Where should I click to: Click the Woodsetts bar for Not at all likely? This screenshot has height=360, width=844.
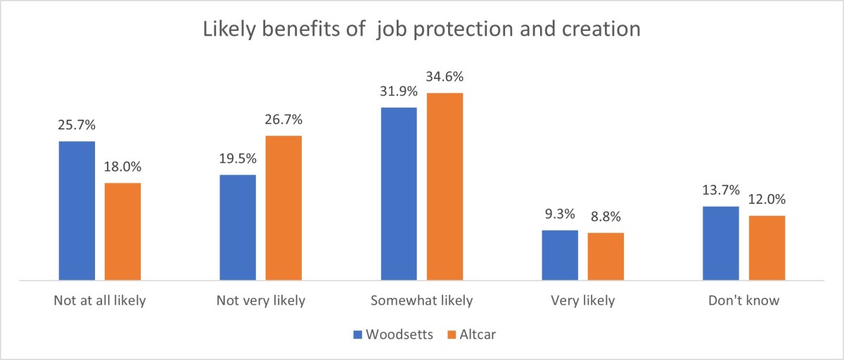coord(77,211)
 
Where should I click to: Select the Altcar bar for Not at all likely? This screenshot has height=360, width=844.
coord(122,231)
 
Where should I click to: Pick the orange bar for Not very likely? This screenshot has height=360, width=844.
coord(283,208)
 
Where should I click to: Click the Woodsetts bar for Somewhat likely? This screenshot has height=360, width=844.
coord(399,194)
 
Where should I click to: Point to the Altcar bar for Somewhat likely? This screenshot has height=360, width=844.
coord(445,186)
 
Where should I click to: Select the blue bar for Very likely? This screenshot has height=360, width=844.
coord(560,255)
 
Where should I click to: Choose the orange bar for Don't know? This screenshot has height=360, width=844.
coord(767,247)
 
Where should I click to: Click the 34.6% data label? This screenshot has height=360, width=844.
coord(444,77)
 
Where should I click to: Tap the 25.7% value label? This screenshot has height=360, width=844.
coord(77,126)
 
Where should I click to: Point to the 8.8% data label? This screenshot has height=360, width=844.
coord(605,217)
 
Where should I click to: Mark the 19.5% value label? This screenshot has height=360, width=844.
coord(238,160)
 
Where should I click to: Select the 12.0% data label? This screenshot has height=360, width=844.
coord(767,200)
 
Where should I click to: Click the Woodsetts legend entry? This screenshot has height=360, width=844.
coord(393,335)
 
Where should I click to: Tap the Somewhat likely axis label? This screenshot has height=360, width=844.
coord(422,301)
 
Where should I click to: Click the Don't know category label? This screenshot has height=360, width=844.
coord(743,301)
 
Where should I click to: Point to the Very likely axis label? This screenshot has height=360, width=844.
coord(582,301)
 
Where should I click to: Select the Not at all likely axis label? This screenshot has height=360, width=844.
coord(100,301)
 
